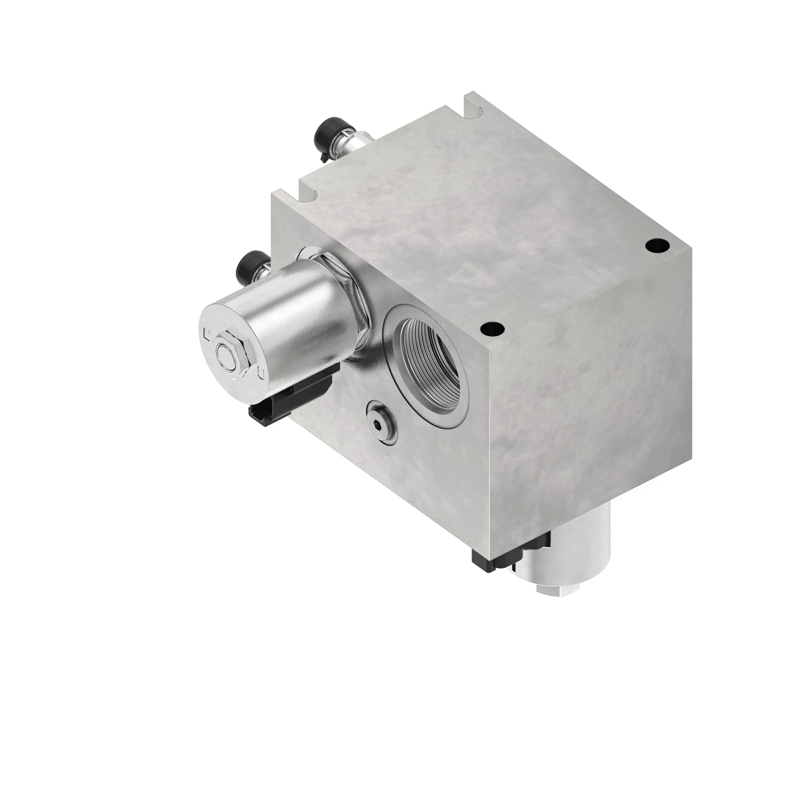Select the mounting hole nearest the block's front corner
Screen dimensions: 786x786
[487, 329]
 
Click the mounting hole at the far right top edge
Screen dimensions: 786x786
[653, 245]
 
